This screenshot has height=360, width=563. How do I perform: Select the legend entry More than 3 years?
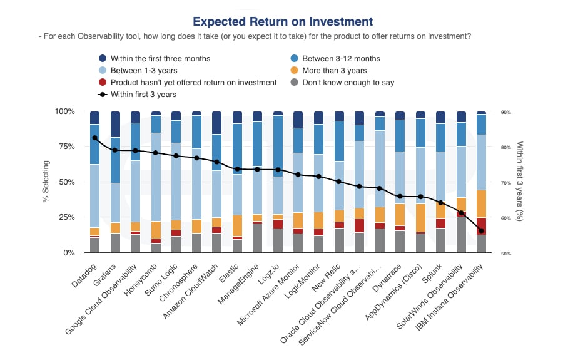pyautogui.click(x=334, y=70)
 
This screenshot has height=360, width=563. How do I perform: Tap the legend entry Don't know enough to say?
pyautogui.click(x=348, y=82)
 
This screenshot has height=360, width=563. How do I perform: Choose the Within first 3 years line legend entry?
pyautogui.click(x=143, y=94)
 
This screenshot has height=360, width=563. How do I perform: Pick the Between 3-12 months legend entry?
pyautogui.click(x=341, y=58)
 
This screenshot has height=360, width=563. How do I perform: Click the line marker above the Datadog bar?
pyautogui.click(x=95, y=138)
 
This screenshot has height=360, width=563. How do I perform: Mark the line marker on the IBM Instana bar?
pyautogui.click(x=481, y=230)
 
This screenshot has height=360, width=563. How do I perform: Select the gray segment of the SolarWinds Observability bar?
pyautogui.click(x=461, y=235)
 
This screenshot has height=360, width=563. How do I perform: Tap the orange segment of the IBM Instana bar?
pyautogui.click(x=481, y=203)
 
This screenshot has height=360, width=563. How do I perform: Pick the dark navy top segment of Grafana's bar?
pyautogui.click(x=115, y=125)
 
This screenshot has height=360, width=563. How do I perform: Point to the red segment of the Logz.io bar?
pyautogui.click(x=278, y=224)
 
